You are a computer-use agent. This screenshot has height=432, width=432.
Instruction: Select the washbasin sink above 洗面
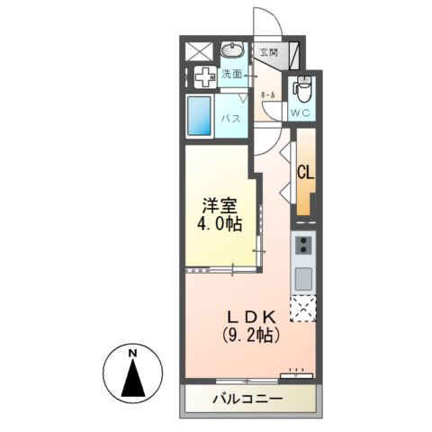coord(232,49)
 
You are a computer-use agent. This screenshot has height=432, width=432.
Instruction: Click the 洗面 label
coord(232,75)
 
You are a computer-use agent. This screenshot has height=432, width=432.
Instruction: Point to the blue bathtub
coord(200,116)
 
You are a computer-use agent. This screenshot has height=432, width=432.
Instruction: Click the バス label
coord(230,118)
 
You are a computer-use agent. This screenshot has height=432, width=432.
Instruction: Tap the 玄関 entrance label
coord(269,53)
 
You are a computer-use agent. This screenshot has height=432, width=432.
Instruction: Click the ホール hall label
coord(267,94)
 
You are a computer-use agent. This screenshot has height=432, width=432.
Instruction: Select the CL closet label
coord(304,173)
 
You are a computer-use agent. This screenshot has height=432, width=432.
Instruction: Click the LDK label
coord(251,318)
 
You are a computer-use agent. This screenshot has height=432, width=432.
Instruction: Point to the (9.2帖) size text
coord(251,336)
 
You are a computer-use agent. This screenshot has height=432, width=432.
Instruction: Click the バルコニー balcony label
coord(248,397)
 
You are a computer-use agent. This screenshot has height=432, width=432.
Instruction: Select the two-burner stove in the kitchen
coord(303,244)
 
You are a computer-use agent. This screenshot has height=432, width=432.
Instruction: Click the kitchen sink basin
coord(303,276)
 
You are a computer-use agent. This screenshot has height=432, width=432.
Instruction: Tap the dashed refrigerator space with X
coord(303,309)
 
